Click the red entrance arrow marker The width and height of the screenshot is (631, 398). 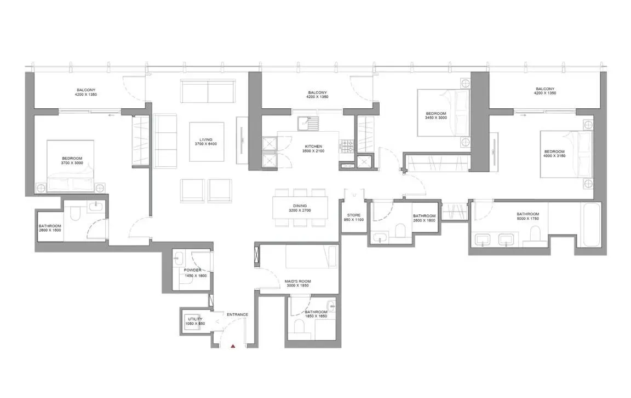[233, 346]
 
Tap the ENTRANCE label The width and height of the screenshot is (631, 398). [237, 314]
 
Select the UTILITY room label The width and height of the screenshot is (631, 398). [195, 321]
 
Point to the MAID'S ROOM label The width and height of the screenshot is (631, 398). [297, 283]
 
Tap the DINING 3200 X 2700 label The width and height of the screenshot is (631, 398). [299, 208]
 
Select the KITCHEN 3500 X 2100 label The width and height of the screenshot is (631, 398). [313, 148]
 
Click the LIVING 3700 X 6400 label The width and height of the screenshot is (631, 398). [206, 142]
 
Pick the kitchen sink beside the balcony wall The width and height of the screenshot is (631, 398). [308, 124]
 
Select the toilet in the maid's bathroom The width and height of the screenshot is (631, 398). [299, 327]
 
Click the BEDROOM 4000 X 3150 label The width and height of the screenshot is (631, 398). [554, 154]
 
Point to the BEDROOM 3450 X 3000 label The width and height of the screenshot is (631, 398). [436, 115]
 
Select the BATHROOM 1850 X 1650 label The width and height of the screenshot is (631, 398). [315, 314]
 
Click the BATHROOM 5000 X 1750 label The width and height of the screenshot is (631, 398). [527, 216]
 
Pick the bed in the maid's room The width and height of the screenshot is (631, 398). [310, 256]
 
